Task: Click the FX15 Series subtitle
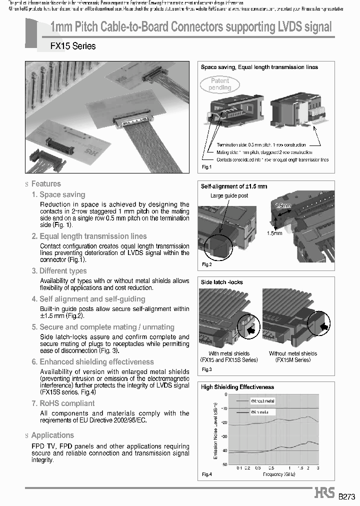73,46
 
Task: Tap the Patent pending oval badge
219,84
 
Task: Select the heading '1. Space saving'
58,194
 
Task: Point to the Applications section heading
52,435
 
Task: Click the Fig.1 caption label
207,166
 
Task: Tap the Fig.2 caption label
207,264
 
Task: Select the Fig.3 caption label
207,369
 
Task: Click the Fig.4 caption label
207,474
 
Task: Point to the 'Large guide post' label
229,195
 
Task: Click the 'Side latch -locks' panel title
221,282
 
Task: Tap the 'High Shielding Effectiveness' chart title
237,387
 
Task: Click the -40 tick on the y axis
224,450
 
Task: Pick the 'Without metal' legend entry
263,401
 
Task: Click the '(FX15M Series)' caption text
293,360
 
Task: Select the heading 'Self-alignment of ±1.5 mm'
234,186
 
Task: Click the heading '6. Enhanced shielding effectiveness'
92,361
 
